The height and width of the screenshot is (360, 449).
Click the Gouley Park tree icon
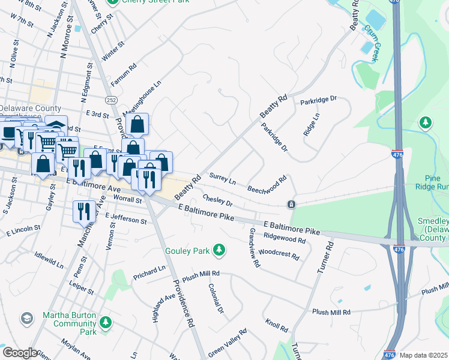click(x=220, y=249)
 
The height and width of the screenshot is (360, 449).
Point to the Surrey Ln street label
click(x=222, y=178)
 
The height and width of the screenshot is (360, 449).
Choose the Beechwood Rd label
click(x=268, y=184)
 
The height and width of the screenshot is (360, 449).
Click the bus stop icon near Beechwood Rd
click(x=291, y=205)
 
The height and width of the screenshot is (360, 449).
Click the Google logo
click(x=20, y=353)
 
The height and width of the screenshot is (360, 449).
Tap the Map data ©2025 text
click(x=423, y=355)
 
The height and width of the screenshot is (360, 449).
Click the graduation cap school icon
click(x=26, y=317)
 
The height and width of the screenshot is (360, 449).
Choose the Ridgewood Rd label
click(x=285, y=238)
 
